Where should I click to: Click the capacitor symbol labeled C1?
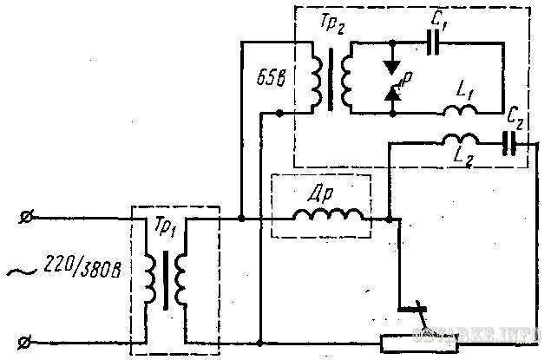431,40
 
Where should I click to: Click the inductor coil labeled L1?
458,109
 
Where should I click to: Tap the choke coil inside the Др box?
329,219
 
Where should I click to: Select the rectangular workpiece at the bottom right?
419,344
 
